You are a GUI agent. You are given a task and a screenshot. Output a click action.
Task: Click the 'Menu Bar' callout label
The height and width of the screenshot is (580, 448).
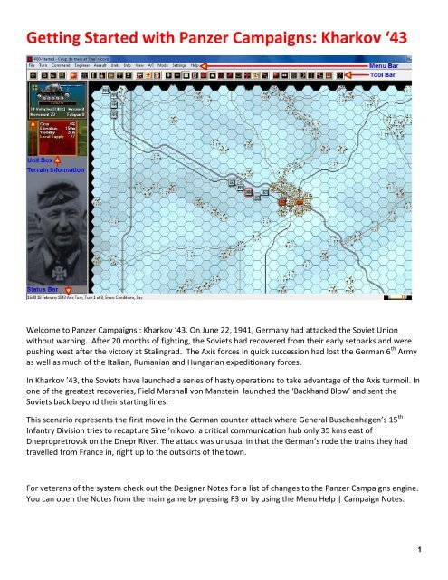coord(392,66)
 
